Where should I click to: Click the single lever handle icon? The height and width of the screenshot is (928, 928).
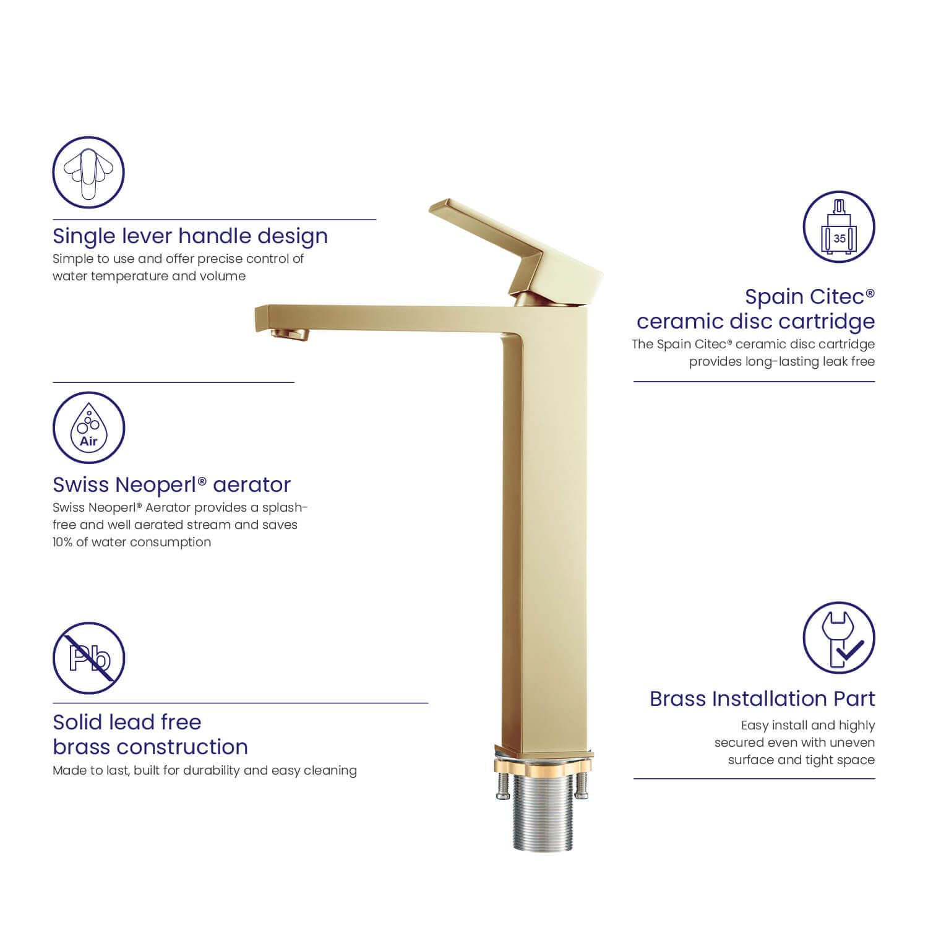pyautogui.click(x=88, y=173)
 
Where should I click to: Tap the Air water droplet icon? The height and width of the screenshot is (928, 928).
pyautogui.click(x=88, y=427)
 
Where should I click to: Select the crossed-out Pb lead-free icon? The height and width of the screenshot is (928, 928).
pyautogui.click(x=88, y=658)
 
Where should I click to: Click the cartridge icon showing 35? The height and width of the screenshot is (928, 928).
pyautogui.click(x=839, y=226)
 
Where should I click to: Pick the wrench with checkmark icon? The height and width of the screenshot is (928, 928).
pyautogui.click(x=839, y=638)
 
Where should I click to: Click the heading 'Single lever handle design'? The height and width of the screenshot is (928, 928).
pyautogui.click(x=190, y=236)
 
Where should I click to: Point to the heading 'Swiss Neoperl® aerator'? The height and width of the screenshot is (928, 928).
pyautogui.click(x=171, y=484)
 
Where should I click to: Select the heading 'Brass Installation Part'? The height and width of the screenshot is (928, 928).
pyautogui.click(x=762, y=699)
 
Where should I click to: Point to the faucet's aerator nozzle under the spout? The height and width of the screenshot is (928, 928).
pyautogui.click(x=290, y=335)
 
